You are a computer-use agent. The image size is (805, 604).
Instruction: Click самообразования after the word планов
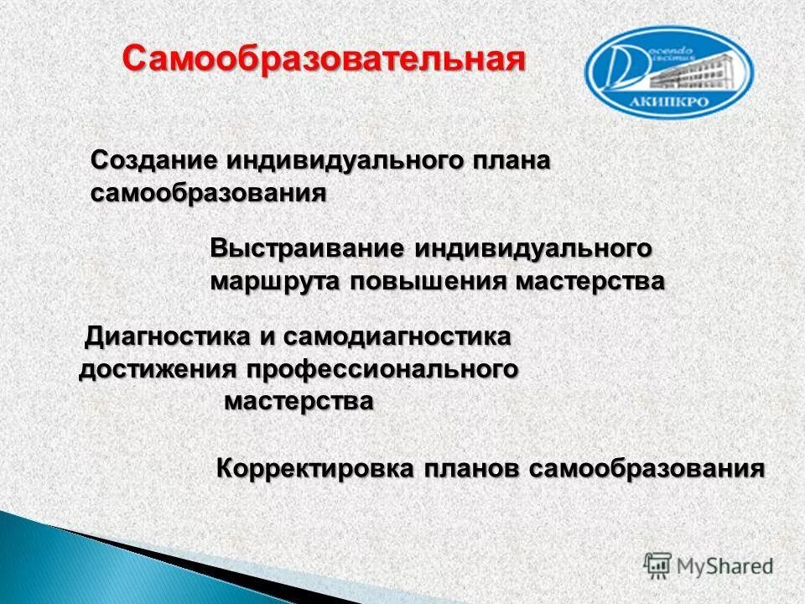click(647, 468)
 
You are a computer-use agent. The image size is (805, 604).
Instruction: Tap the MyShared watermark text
click(725, 566)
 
